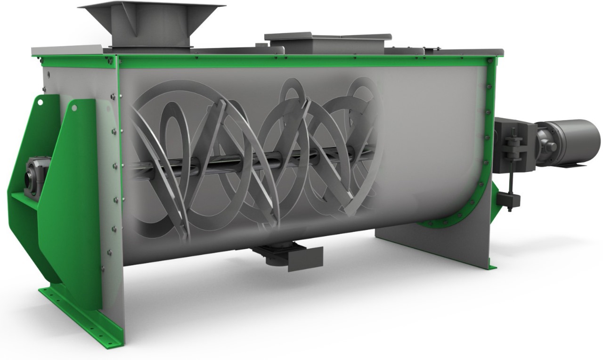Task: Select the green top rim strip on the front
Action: (301, 61)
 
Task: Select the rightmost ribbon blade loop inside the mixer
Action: (363, 141)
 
